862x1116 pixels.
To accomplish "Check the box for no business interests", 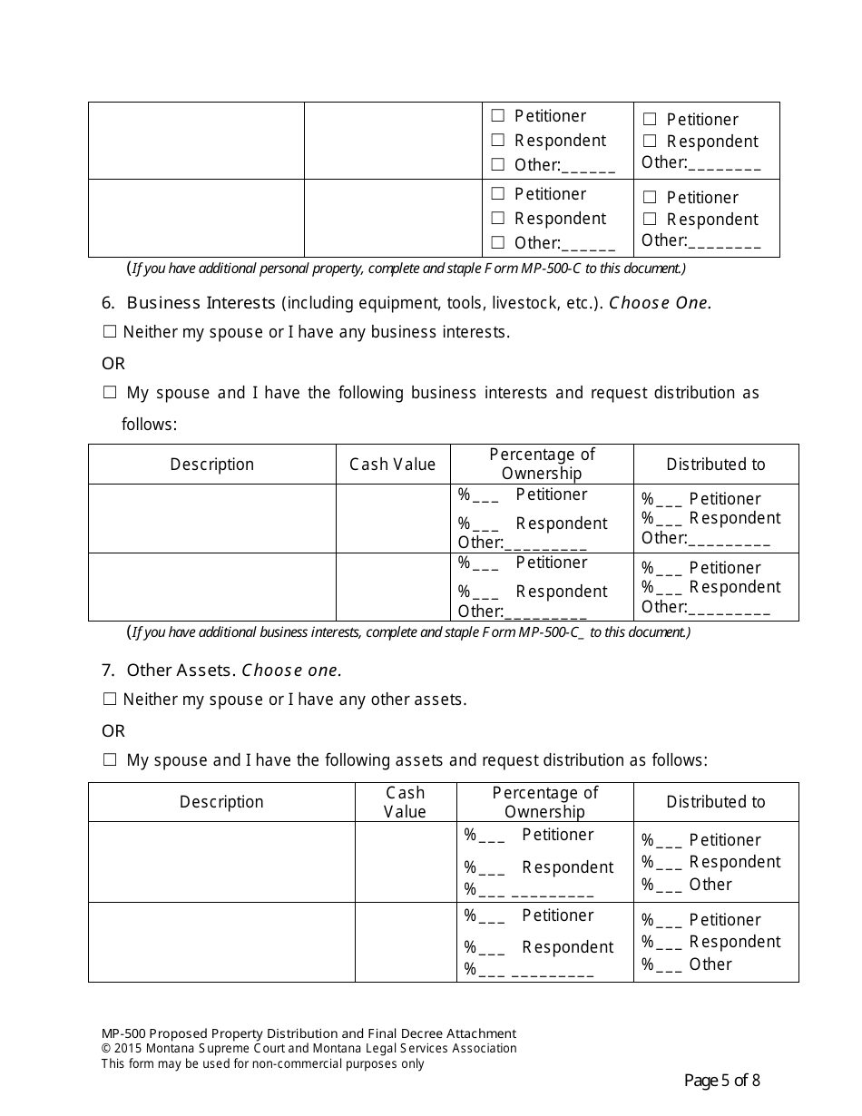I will [110, 333].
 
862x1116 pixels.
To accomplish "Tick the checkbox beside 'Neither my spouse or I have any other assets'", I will [110, 700].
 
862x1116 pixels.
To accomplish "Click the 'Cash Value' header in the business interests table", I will [393, 465].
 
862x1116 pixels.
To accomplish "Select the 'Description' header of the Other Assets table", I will [221, 802].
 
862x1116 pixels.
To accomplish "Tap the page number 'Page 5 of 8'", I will [721, 1081].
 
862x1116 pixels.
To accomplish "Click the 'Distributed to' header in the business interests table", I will [715, 465].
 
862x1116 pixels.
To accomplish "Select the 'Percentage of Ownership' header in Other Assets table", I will [545, 802].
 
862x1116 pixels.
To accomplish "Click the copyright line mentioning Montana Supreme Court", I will [309, 1049].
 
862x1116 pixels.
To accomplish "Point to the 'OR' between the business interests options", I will [113, 364].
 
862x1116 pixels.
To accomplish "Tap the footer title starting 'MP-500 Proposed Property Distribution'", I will [309, 1033].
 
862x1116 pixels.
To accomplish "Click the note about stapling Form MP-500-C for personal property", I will [408, 269].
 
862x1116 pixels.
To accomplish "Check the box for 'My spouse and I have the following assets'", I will [110, 761].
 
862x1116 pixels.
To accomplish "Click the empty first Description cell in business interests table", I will [211, 518].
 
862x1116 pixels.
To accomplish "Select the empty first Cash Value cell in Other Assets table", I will [405, 861].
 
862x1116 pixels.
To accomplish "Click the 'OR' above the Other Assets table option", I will [113, 731].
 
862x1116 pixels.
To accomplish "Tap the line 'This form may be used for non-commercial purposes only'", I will [262, 1064].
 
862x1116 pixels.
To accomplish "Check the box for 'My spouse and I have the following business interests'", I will [110, 393].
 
